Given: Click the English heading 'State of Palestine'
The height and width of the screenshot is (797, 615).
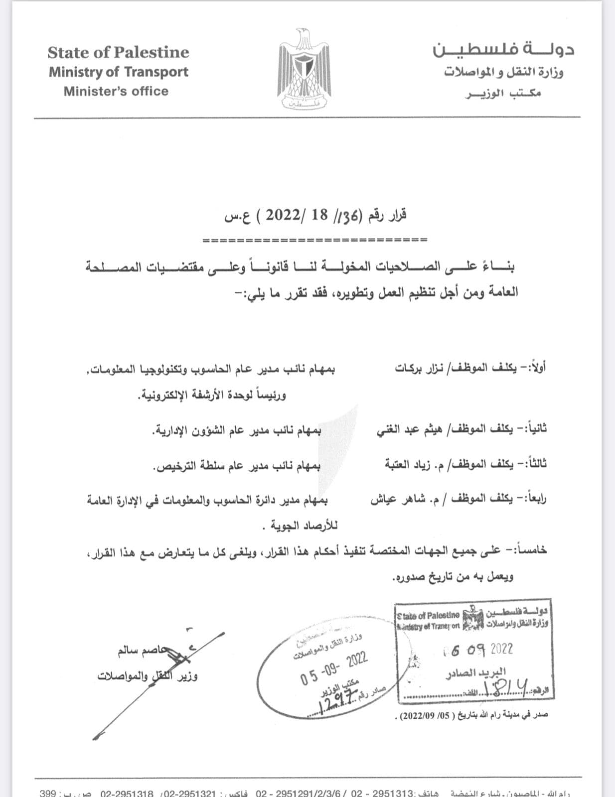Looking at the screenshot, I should pyautogui.click(x=118, y=52).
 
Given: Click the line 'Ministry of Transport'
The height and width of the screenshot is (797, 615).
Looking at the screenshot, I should pyautogui.click(x=118, y=72).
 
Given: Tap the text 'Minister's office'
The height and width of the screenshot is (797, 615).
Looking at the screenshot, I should pyautogui.click(x=116, y=91).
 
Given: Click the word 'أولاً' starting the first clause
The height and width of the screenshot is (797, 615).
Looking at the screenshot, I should pyautogui.click(x=539, y=369).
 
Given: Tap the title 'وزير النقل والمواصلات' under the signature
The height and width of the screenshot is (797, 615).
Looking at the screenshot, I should pyautogui.click(x=147, y=676).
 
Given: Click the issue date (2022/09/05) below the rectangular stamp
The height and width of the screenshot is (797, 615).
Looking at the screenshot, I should pyautogui.click(x=423, y=715).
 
